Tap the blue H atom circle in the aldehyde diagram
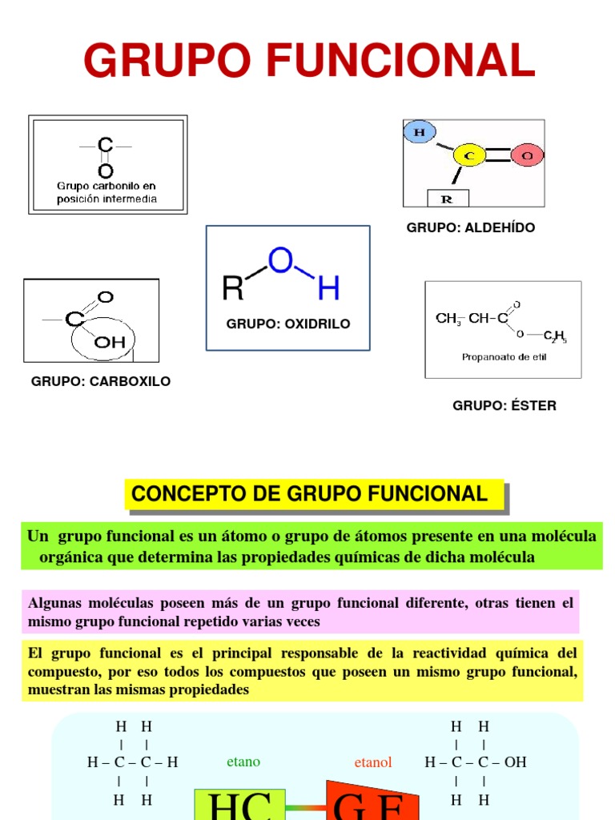coord(420,132)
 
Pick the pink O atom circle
coord(526,155)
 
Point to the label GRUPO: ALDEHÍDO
coord(471,227)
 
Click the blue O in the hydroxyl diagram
coord(280,259)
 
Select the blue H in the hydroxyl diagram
coord(328,287)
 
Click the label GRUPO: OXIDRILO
coord(288,324)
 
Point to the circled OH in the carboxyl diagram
coord(110,342)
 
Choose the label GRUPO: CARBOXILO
coord(101,381)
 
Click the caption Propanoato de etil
coord(504,357)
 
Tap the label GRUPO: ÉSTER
coord(504,405)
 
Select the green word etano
coord(243,762)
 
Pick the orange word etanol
coord(373,762)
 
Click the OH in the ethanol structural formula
coord(515,762)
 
